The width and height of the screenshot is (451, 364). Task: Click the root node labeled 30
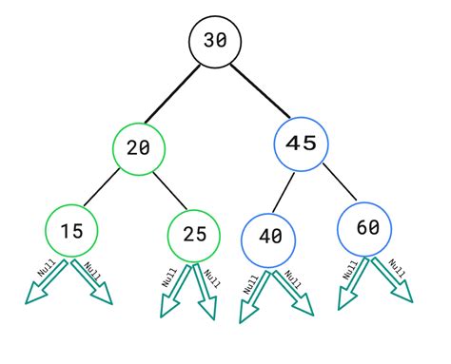coord(215,42)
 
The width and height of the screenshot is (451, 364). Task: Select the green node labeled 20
coord(139,147)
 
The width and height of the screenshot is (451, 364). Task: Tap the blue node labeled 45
coord(300,144)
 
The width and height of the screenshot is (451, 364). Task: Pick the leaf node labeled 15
coord(71,231)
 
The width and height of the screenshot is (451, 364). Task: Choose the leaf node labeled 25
coord(193,233)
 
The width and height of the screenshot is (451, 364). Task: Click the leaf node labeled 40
coord(270,237)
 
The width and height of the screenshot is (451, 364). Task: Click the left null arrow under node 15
coord(43,286)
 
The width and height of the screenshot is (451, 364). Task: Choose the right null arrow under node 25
coord(206,293)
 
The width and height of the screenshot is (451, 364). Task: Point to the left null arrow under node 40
coord(253,294)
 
